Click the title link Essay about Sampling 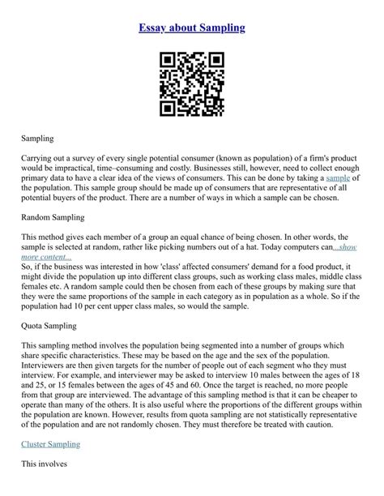192,28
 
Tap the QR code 191,83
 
